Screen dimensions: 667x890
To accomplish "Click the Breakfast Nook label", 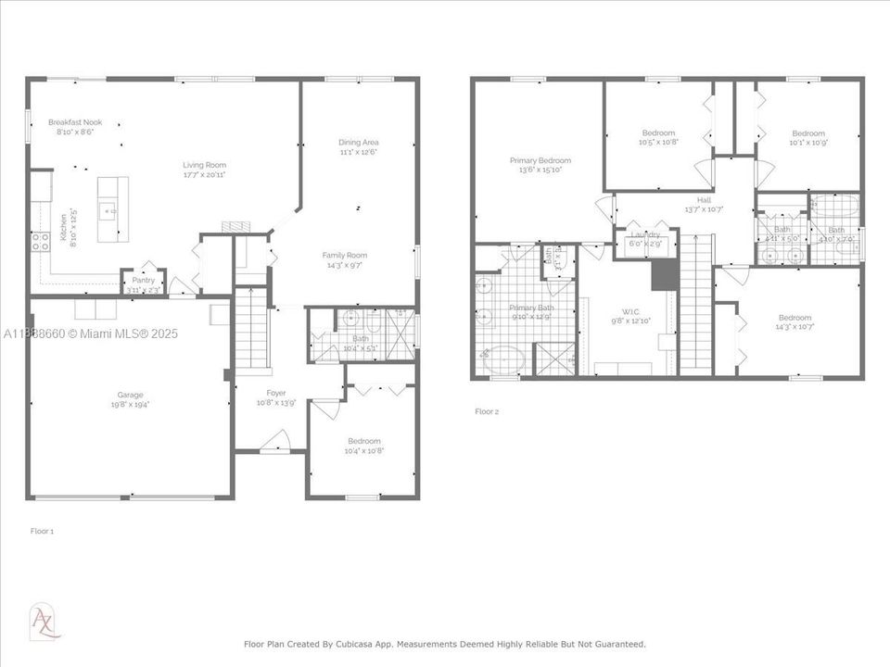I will [x=75, y=122].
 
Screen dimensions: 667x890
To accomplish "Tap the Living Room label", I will [x=204, y=165].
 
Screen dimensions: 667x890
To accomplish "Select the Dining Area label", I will [x=358, y=142].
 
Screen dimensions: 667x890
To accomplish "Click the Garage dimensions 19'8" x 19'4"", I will [x=130, y=404].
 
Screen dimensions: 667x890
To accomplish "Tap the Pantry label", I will [x=143, y=280].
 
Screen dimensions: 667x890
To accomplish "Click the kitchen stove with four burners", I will [x=41, y=242].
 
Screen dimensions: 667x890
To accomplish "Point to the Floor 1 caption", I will [x=43, y=531].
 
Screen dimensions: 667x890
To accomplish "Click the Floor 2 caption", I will [x=487, y=411].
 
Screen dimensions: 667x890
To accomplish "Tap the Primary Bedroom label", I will [x=540, y=160].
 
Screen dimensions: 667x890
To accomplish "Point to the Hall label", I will [x=704, y=199].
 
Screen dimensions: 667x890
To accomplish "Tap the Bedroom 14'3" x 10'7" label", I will [x=795, y=318].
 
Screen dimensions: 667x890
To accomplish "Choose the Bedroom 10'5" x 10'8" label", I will [x=657, y=132].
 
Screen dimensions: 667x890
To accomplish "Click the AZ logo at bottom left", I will [x=44, y=620].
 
